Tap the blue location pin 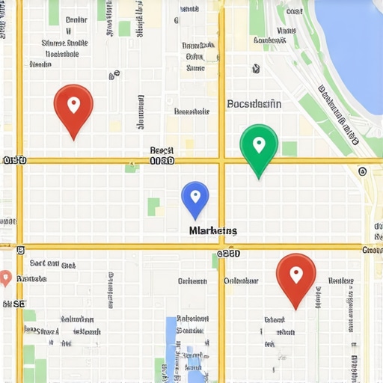(195, 198)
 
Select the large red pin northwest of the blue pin (73, 108)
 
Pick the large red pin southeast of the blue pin (295, 277)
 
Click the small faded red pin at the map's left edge (5, 278)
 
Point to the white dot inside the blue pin (195, 195)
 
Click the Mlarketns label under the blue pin (213, 231)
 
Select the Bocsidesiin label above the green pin (254, 105)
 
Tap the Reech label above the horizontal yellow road (162, 150)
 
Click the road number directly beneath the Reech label (162, 161)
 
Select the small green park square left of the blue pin (154, 206)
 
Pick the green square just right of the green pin (289, 148)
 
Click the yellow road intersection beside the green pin (221, 161)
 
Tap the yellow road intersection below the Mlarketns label (221, 247)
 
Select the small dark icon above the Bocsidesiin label (256, 69)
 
